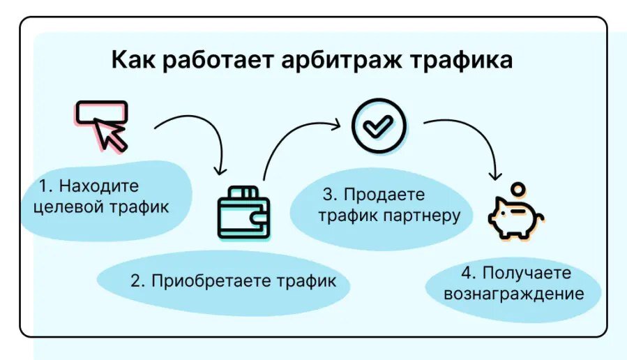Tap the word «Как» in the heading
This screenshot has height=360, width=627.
point(135,61)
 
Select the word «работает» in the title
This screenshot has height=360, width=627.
point(219,61)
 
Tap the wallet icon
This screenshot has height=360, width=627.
point(243,213)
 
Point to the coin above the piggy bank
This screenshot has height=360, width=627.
point(518,189)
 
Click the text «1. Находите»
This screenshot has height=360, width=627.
point(89,186)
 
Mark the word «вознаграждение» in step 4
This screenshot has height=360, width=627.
point(513,293)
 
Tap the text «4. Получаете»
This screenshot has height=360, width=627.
point(515,273)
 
